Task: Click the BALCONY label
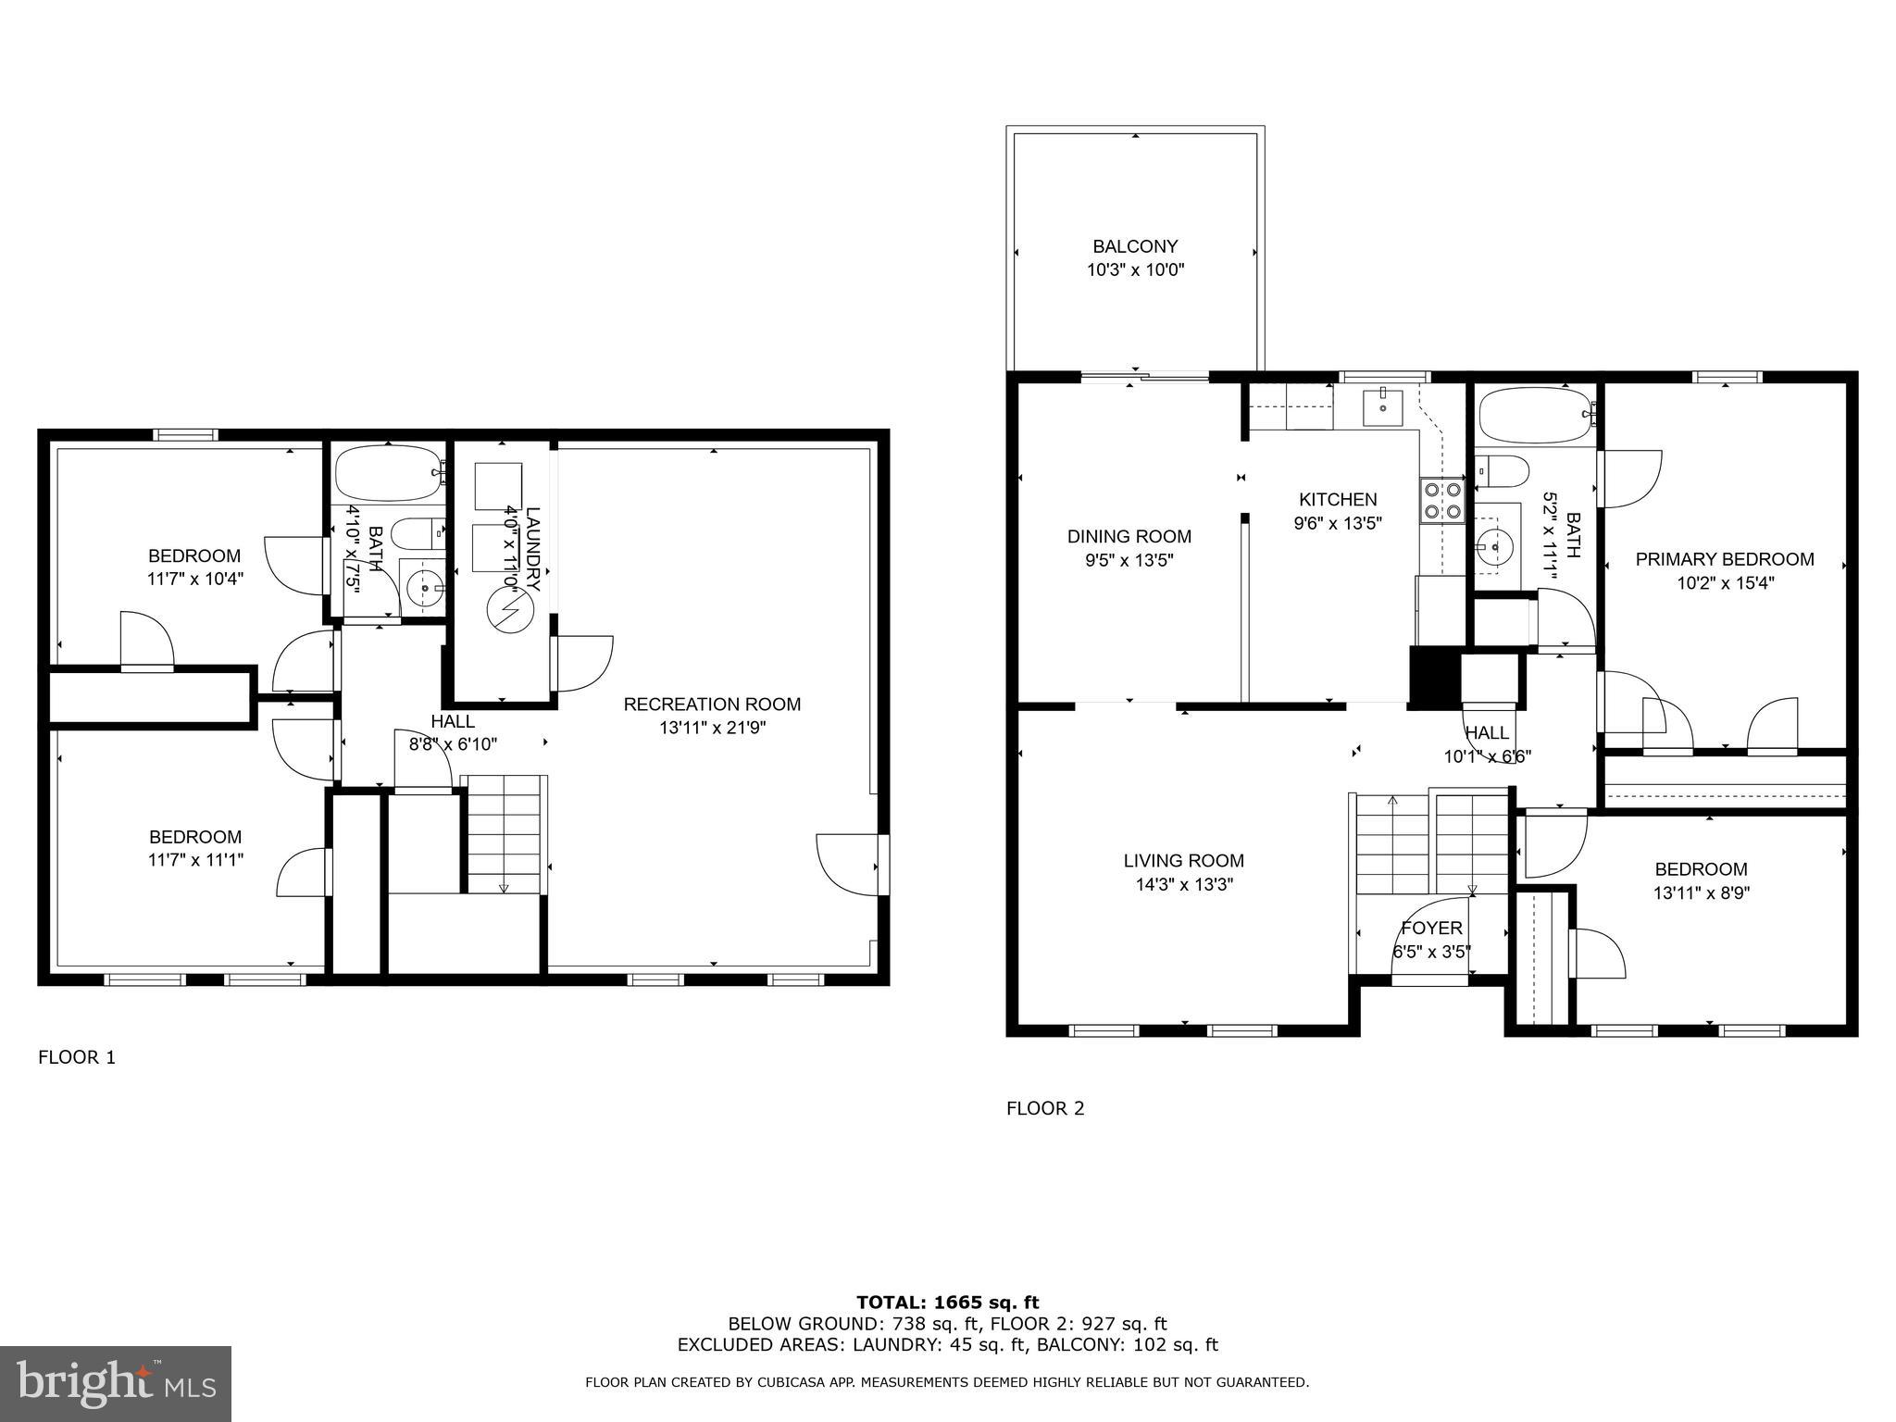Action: pyautogui.click(x=1135, y=246)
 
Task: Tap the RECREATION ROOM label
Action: pyautogui.click(x=712, y=704)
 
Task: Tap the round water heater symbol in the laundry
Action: pyautogui.click(x=510, y=611)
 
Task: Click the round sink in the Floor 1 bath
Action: pyautogui.click(x=426, y=586)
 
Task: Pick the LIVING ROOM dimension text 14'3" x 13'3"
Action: pyautogui.click(x=1184, y=884)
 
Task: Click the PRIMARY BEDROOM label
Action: pyautogui.click(x=1724, y=559)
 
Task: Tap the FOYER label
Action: pyautogui.click(x=1431, y=928)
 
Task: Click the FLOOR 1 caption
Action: pyautogui.click(x=77, y=1057)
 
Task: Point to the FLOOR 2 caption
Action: pyautogui.click(x=1045, y=1108)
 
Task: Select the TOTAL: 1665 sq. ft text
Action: pyautogui.click(x=947, y=1303)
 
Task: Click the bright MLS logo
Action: pyautogui.click(x=116, y=1383)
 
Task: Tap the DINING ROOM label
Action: pyautogui.click(x=1129, y=536)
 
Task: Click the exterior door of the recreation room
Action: pyautogui.click(x=850, y=865)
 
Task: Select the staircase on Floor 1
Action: pyautogui.click(x=504, y=833)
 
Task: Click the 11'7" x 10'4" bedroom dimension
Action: pyautogui.click(x=194, y=580)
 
